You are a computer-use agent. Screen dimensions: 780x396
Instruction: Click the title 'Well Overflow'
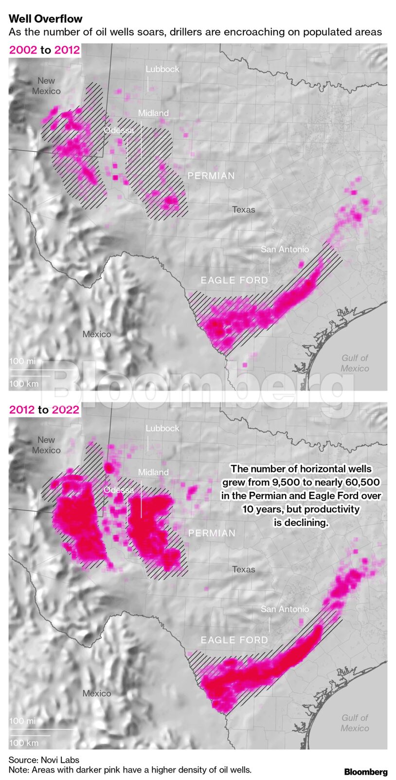click(45, 19)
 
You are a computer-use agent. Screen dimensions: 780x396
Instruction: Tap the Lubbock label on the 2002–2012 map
click(162, 69)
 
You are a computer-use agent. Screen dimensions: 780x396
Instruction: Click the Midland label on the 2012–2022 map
click(153, 472)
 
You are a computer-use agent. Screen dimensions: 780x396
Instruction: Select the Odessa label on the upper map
click(119, 130)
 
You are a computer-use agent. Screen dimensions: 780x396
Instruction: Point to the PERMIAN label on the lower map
click(212, 533)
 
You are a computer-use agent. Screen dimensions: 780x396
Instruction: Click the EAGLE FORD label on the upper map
click(234, 280)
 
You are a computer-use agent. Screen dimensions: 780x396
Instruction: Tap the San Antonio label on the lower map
click(285, 609)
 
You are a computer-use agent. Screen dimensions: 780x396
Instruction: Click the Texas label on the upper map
click(243, 210)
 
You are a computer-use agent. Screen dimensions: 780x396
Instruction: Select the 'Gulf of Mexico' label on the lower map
click(355, 723)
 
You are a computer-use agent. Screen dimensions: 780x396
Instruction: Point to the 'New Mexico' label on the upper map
click(46, 86)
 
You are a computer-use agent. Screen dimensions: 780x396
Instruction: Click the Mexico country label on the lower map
click(96, 693)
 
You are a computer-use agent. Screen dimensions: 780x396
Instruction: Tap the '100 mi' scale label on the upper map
click(22, 361)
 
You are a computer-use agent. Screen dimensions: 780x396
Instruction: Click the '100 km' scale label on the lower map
click(23, 743)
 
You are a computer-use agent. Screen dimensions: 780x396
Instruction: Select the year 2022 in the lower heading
click(65, 410)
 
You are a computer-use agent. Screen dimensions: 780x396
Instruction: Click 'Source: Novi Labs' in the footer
click(44, 760)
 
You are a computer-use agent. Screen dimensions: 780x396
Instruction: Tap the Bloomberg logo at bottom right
click(365, 772)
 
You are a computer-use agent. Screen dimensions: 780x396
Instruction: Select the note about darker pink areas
click(130, 770)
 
